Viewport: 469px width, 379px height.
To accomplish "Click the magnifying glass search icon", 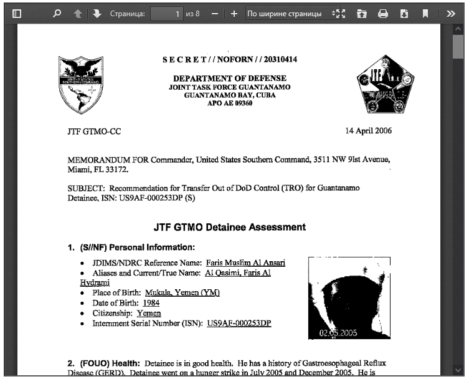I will click(x=57, y=13).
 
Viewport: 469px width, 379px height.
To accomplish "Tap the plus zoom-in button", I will click(x=234, y=13).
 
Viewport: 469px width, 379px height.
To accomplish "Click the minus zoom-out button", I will click(x=215, y=13).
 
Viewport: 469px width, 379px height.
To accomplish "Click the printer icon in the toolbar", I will click(x=383, y=13).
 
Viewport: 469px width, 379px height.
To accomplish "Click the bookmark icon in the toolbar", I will click(x=425, y=13).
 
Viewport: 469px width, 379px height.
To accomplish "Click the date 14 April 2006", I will click(x=369, y=132).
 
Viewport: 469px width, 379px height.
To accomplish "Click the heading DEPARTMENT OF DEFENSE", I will click(x=230, y=78).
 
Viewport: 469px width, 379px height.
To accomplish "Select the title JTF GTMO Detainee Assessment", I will click(x=230, y=228).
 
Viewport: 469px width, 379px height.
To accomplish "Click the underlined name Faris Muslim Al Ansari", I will click(x=245, y=263).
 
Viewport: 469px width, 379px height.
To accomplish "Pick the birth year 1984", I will click(x=151, y=303).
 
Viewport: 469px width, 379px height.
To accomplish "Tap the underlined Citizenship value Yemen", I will click(x=149, y=313).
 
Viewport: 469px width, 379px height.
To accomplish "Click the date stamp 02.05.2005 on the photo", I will click(x=338, y=333).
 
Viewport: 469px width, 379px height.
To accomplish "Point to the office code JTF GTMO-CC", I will click(x=94, y=132).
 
